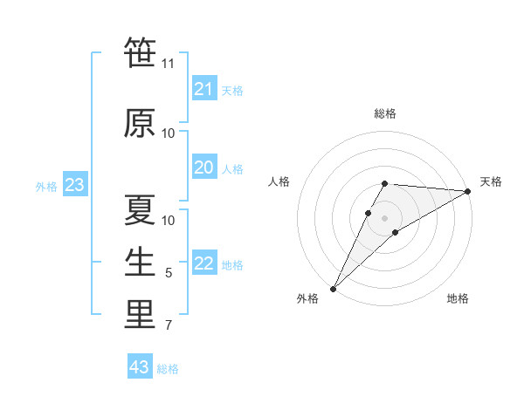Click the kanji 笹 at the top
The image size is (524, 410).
140,53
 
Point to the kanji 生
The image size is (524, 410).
140,262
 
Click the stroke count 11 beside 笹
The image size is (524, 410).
169,63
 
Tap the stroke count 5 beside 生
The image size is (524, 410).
169,273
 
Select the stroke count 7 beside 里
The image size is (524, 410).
169,325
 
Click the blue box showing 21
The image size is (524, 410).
204,89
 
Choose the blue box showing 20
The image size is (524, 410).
204,167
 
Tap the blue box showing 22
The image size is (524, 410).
204,263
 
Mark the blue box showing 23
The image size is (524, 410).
74,185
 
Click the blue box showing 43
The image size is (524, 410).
140,367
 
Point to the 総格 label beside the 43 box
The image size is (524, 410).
168,369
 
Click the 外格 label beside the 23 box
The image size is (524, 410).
46,186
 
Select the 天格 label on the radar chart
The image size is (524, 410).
491,181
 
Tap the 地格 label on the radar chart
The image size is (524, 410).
458,298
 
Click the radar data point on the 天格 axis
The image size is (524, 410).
468,191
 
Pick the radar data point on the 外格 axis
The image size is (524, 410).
333,288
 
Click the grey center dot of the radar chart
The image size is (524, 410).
384,218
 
